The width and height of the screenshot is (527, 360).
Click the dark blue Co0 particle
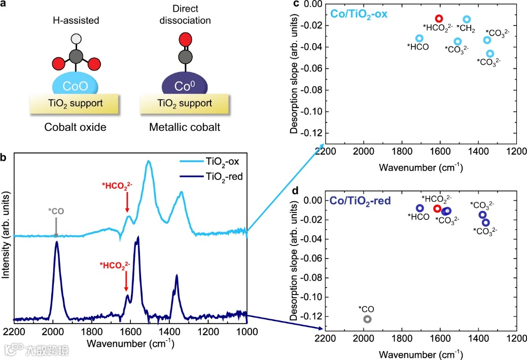coord(184,85)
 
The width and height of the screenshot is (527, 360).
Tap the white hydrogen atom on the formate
coord(76,38)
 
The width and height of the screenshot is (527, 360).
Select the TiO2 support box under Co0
coord(185,103)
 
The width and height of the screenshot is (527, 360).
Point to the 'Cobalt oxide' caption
coord(76,127)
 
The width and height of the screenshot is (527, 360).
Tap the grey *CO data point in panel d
coord(367,319)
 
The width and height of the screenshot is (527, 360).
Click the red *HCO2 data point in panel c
coord(439,18)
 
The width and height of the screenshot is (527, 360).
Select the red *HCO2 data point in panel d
coord(437,208)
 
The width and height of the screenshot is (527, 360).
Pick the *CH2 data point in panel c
coord(467,19)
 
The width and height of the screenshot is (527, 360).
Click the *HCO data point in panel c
coord(419,38)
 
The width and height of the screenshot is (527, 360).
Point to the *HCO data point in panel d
coord(420,208)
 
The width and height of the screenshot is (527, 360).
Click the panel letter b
coord(4,158)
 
